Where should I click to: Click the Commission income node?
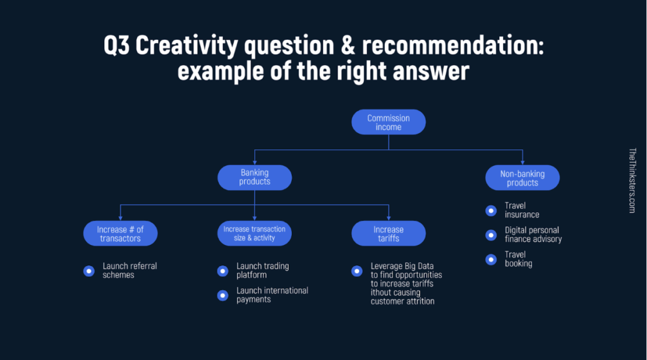[x=389, y=122]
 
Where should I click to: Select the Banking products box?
[x=255, y=177]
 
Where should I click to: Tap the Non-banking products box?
[x=523, y=177]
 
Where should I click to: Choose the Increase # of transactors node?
[x=120, y=234]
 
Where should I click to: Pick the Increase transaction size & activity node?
[x=254, y=234]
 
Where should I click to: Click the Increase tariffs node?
[x=389, y=234]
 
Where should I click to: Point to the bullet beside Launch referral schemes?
[x=88, y=271]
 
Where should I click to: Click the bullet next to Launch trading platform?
[x=223, y=271]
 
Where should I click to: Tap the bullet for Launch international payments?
[x=223, y=295]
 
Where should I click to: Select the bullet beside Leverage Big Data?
[x=357, y=271]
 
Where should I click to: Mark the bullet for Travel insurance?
[x=491, y=211]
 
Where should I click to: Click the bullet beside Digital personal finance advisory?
[x=491, y=235]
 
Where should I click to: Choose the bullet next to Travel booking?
[x=491, y=260]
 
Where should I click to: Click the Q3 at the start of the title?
[x=116, y=45]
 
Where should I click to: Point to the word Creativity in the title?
[x=186, y=45]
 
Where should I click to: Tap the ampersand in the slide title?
[x=348, y=45]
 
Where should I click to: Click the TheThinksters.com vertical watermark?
[x=632, y=181]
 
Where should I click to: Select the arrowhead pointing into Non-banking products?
[x=523, y=162]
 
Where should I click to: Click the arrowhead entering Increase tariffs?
[x=389, y=218]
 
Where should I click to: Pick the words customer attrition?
[x=402, y=301]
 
